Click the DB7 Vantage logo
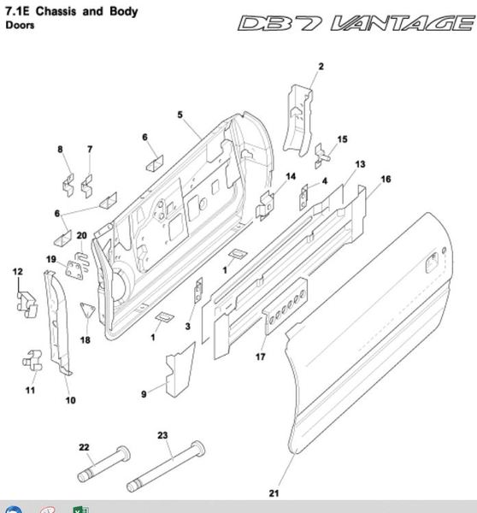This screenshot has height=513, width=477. [356, 23]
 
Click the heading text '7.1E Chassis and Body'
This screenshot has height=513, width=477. [72, 11]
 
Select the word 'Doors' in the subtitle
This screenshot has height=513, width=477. [20, 25]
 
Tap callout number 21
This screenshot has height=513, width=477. [274, 493]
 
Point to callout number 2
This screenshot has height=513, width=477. [321, 67]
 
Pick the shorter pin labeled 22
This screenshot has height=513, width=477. [104, 463]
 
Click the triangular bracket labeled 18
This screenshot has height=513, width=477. [87, 310]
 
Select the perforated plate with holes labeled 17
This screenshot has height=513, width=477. [285, 306]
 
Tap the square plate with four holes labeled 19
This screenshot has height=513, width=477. [74, 270]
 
